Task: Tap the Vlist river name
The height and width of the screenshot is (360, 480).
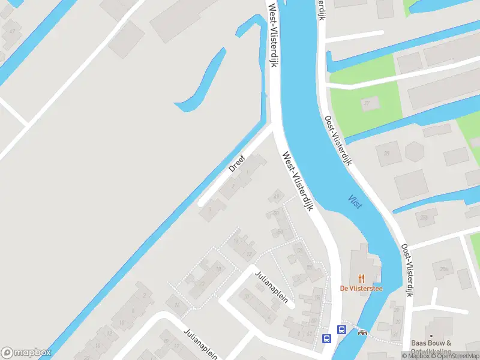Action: (x=355, y=202)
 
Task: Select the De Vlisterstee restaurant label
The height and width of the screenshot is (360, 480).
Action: (x=361, y=289)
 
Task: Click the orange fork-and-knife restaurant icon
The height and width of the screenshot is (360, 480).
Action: (x=361, y=278)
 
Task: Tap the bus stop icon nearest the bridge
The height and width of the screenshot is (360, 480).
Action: (x=341, y=329)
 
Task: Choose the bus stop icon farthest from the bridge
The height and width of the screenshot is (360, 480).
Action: (x=327, y=338)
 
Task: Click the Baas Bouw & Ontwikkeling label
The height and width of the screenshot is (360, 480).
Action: (x=431, y=347)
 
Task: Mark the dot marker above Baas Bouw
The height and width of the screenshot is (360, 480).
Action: (x=431, y=336)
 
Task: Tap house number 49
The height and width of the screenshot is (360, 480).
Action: (x=276, y=196)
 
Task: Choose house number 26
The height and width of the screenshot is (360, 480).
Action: (x=386, y=153)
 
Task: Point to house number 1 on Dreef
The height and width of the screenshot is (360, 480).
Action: (x=210, y=209)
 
